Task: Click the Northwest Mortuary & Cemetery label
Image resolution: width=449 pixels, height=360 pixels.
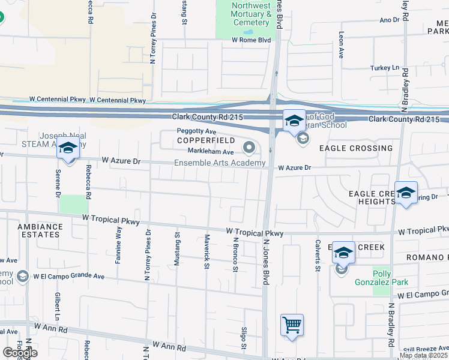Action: [252, 14]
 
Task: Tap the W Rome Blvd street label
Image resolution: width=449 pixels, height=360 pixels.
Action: [252, 40]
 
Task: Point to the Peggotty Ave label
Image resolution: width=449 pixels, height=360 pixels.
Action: [196, 131]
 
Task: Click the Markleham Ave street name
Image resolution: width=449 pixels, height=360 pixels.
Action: [210, 151]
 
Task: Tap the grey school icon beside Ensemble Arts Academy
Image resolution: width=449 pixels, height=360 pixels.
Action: [249, 147]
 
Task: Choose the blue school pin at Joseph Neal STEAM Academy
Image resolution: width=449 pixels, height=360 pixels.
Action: [68, 149]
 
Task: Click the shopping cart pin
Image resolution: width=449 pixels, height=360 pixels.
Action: [292, 325]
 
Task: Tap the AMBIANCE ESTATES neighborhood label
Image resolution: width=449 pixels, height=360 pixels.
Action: [40, 231]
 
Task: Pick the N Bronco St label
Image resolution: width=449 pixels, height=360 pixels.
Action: [235, 253]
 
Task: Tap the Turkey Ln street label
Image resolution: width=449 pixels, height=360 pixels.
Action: [384, 68]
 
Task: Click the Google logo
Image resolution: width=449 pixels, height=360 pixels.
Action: [19, 353]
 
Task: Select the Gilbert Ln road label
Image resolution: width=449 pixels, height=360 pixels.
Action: [58, 305]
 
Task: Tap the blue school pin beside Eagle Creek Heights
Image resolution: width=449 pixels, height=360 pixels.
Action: [406, 193]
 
